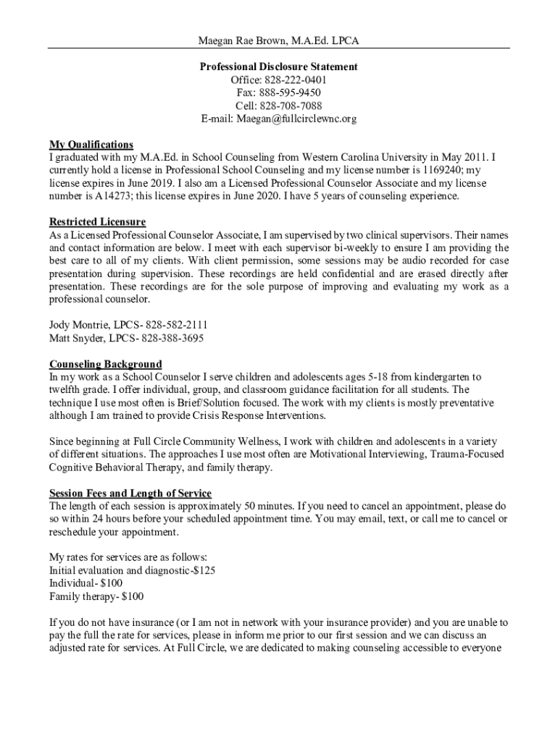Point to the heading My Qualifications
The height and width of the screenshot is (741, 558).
coord(91,145)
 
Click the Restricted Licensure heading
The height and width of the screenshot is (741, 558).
coord(97,221)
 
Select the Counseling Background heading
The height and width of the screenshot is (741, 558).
coord(105,364)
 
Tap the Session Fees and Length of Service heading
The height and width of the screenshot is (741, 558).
coord(130,494)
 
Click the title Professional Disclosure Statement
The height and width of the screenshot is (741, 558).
coord(278,67)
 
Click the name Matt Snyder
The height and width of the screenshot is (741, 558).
coord(76,338)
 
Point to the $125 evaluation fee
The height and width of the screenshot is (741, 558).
coord(202,570)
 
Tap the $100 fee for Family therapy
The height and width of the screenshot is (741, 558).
coord(133,597)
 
